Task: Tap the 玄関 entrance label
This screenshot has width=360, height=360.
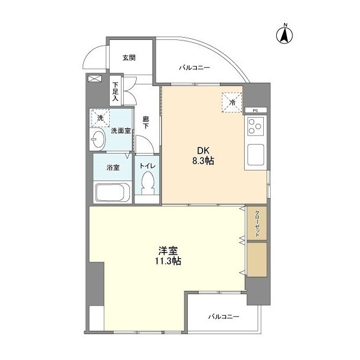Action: [129, 57]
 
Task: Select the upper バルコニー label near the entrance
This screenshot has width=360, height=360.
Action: [195, 67]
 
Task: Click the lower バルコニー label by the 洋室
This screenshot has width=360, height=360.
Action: [223, 317]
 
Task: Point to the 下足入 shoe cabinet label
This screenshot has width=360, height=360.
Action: [115, 91]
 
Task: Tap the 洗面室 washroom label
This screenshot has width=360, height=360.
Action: [120, 130]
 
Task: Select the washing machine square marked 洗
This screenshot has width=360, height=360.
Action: [100, 118]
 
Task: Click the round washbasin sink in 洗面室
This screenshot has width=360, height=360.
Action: [97, 140]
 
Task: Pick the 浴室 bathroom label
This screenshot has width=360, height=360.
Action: [112, 167]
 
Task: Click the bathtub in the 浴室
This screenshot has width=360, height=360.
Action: [112, 192]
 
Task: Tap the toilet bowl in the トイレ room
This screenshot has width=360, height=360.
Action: [148, 183]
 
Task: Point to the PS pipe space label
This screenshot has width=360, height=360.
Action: [255, 110]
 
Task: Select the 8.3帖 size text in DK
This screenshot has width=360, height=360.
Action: [204, 161]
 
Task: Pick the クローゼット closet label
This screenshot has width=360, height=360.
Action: [257, 223]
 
